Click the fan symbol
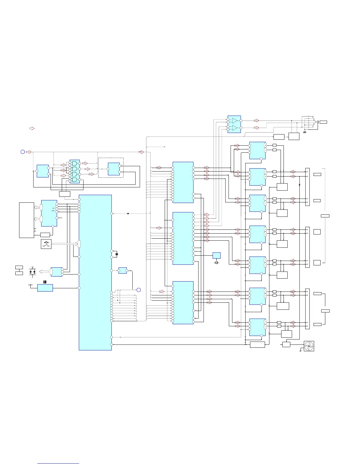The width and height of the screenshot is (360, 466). coord(309,346)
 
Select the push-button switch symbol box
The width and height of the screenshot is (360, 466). coord(46,244)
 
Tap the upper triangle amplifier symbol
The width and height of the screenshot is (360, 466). coord(235,121)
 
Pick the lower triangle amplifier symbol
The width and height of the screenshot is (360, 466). coord(235,128)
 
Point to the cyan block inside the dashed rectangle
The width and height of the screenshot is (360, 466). coord(114,169)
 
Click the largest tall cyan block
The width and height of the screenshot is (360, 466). coord(95,272)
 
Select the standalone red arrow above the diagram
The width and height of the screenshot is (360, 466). coord(32,129)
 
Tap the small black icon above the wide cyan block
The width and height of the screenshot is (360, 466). coord(45,282)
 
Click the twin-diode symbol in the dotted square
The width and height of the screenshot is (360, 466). coord(32,272)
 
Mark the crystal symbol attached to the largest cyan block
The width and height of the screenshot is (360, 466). coord(117,254)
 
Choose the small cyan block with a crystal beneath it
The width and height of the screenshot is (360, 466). coord(216,255)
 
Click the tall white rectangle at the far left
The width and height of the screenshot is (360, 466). coord(26,220)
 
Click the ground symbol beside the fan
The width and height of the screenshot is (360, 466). coord(300,351)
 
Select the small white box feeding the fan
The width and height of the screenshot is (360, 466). coord(286,344)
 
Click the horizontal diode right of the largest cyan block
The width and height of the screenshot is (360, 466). coord(128,213)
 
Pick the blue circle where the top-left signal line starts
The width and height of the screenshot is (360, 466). coord(23,152)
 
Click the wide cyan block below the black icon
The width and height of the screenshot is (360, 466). coord(45,288)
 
